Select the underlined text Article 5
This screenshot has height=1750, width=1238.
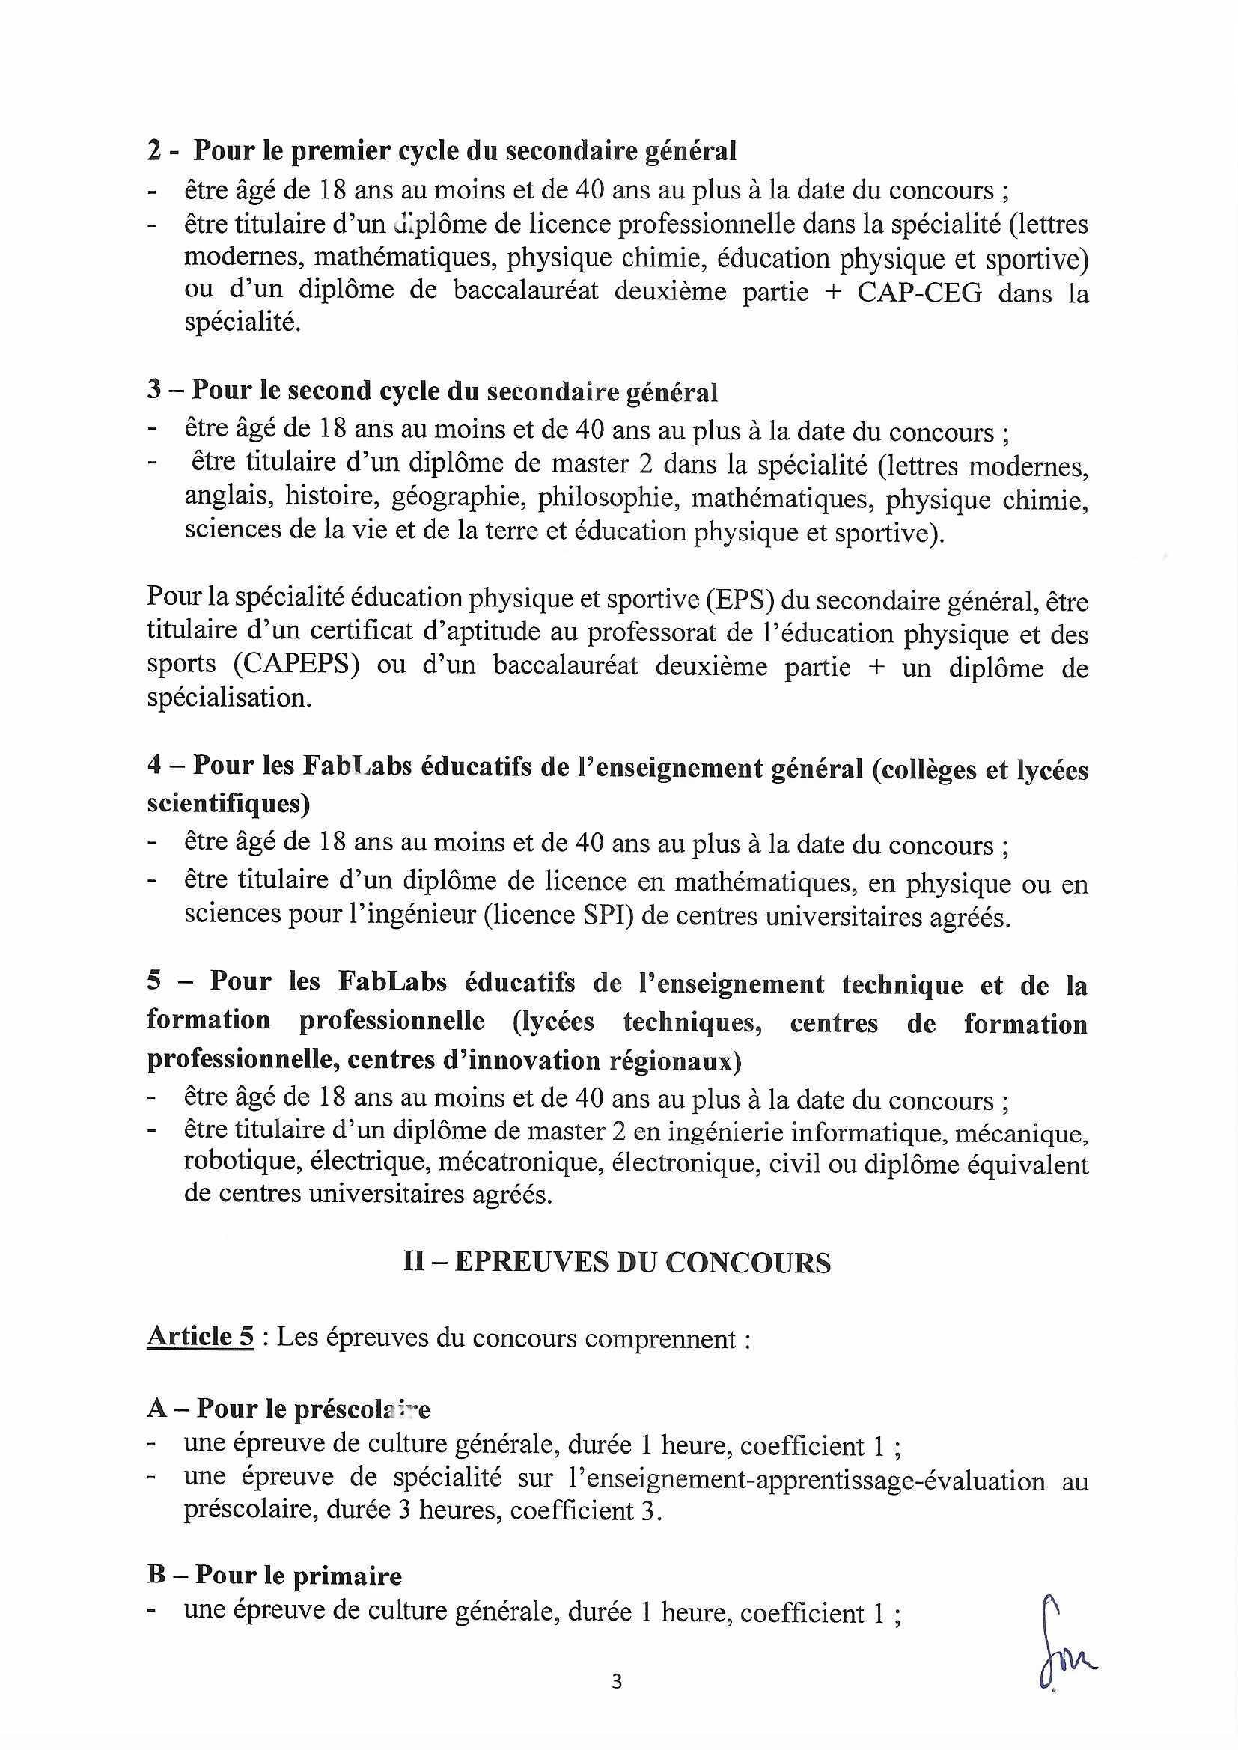(200, 1336)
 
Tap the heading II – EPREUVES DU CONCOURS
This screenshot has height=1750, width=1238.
(617, 1263)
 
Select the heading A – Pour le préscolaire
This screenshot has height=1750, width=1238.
(289, 1409)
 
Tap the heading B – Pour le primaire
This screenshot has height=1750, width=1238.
(275, 1570)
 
